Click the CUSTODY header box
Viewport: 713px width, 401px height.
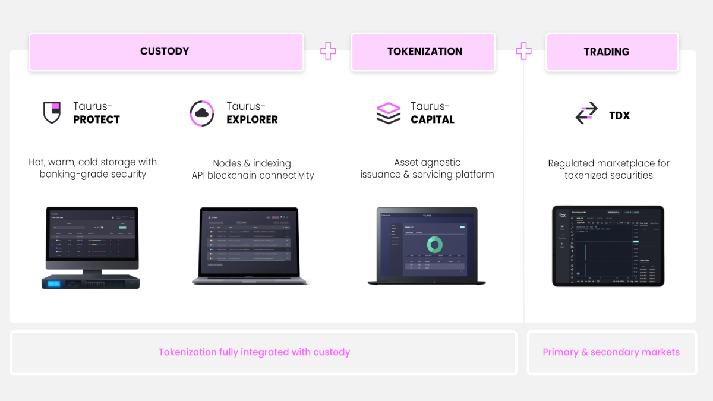(x=165, y=52)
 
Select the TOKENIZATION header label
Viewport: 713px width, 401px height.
(x=424, y=52)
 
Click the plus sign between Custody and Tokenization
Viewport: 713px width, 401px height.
(x=328, y=51)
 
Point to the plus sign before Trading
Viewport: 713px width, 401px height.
(x=523, y=51)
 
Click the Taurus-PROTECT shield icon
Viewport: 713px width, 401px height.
(x=52, y=113)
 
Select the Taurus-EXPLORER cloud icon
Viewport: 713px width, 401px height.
(x=201, y=113)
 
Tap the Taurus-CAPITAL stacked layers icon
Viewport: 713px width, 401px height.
(x=389, y=113)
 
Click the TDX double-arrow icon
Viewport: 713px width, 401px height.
(x=586, y=113)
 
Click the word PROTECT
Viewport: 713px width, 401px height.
(x=96, y=119)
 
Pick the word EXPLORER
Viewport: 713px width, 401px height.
(x=252, y=119)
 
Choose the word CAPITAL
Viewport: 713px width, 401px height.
(x=433, y=119)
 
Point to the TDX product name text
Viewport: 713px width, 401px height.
(x=619, y=115)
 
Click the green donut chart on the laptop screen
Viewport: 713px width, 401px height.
(x=434, y=244)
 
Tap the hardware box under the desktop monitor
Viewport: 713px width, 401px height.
(x=90, y=282)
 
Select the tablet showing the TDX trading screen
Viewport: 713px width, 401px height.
(x=607, y=246)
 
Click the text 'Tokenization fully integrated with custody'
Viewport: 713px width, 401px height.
(x=254, y=352)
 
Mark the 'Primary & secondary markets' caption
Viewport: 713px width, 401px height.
(x=611, y=352)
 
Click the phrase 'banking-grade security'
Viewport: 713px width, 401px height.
(x=93, y=175)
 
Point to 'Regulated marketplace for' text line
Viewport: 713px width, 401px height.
(x=608, y=163)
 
